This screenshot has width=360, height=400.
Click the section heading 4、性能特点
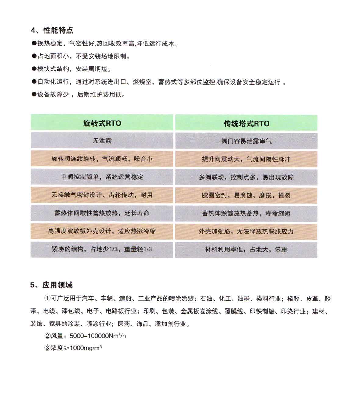[x=52, y=30]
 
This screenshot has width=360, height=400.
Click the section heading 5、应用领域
[x=51, y=285]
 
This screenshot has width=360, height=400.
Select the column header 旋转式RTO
[x=102, y=123]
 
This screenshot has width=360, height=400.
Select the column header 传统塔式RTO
[x=246, y=124]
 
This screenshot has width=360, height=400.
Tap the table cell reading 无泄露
[x=102, y=141]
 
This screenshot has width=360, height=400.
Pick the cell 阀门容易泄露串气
[x=246, y=141]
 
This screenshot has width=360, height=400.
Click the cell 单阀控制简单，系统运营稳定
[x=102, y=177]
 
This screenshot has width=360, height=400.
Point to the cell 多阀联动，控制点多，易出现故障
[x=246, y=177]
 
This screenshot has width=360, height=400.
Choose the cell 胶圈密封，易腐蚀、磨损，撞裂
[x=246, y=195]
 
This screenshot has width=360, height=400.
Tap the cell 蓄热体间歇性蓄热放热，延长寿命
[x=102, y=213]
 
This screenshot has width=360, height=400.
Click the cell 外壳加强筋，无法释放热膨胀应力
[x=246, y=231]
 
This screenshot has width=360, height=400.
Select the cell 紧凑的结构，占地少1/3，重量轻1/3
[x=102, y=249]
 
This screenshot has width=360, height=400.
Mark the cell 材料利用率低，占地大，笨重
[x=246, y=250]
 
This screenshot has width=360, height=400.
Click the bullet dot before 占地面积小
[x=34, y=56]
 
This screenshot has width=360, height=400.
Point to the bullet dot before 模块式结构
[x=34, y=69]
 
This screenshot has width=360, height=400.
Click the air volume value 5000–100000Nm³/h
[x=98, y=336]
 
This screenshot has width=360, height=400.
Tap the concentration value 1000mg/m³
[x=85, y=348]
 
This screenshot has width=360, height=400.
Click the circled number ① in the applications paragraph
[x=47, y=298]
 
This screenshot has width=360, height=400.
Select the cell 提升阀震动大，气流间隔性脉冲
[x=246, y=159]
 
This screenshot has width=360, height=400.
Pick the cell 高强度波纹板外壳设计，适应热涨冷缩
[x=102, y=231]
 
